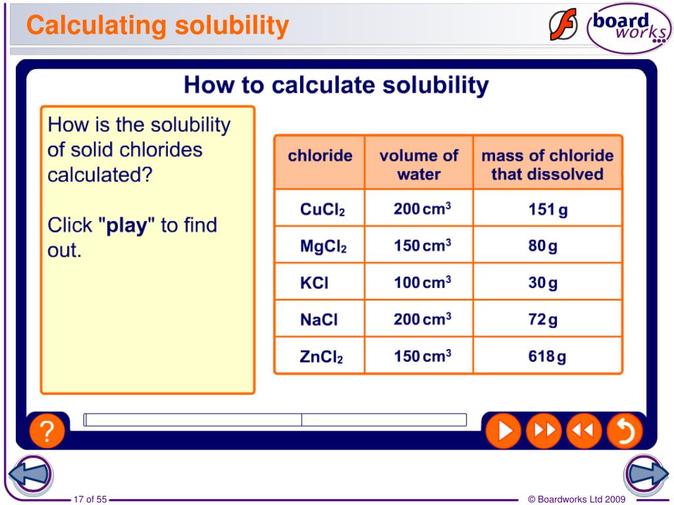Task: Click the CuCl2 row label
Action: pyautogui.click(x=323, y=210)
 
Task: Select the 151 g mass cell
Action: pyautogui.click(x=548, y=210)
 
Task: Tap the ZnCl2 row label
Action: pyautogui.click(x=321, y=357)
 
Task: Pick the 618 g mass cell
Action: pyautogui.click(x=547, y=357)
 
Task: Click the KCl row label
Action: pyautogui.click(x=314, y=283)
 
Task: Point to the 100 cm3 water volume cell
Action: pyautogui.click(x=422, y=283)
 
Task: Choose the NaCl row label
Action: pyautogui.click(x=319, y=320)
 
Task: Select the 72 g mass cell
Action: pyautogui.click(x=542, y=320)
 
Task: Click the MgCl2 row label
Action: pyautogui.click(x=323, y=247)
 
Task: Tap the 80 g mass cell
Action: pyautogui.click(x=542, y=247)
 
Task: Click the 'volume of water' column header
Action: pyautogui.click(x=419, y=164)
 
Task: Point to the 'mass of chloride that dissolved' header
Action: pyautogui.click(x=547, y=164)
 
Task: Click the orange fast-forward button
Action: pyautogui.click(x=544, y=431)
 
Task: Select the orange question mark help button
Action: pyautogui.click(x=47, y=432)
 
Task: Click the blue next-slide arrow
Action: pyautogui.click(x=646, y=474)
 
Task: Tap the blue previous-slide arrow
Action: pyautogui.click(x=30, y=474)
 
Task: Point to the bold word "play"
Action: pyautogui.click(x=126, y=226)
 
